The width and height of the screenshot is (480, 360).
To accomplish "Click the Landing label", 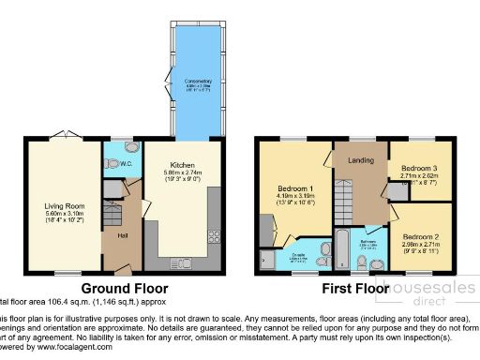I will (x=360, y=160).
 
